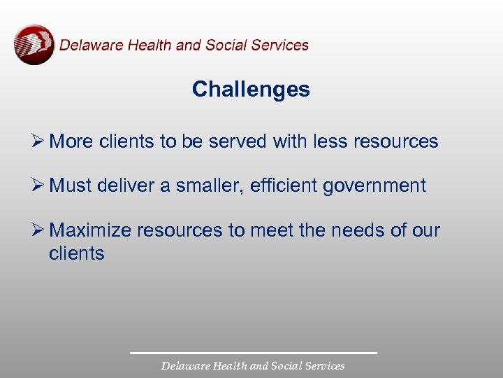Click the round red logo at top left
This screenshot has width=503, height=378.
(34, 45)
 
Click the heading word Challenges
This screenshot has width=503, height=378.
(251, 90)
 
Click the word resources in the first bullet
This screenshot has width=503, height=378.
(396, 141)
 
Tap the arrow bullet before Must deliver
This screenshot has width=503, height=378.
(38, 186)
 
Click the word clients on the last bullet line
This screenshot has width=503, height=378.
(76, 253)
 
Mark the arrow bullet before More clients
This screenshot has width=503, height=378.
(38, 141)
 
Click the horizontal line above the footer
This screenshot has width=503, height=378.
(253, 353)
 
